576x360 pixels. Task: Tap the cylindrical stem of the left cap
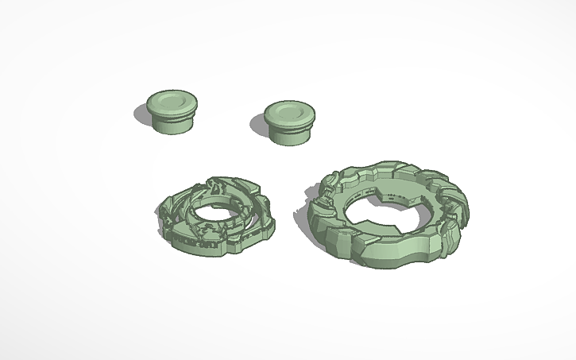tap(174, 124)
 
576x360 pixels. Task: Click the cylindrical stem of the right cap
tap(289, 134)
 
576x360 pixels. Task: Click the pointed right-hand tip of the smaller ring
tap(273, 225)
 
